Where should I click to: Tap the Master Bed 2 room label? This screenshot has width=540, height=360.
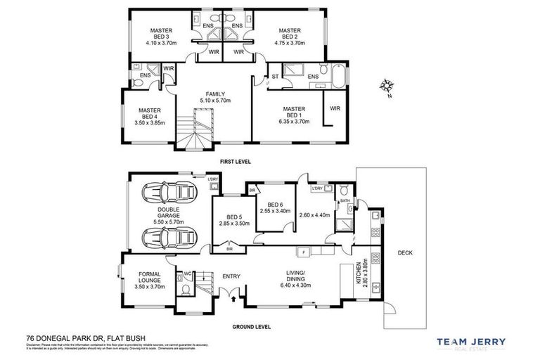[x=289, y=35]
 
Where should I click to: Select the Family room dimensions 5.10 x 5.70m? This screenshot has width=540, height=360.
[x=215, y=100]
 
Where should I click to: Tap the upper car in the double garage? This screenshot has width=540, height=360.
[x=168, y=193]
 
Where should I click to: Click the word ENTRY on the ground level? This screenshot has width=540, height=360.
[x=231, y=276]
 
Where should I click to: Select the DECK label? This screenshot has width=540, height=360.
[x=406, y=253]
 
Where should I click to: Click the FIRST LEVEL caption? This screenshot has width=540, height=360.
[x=235, y=162]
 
